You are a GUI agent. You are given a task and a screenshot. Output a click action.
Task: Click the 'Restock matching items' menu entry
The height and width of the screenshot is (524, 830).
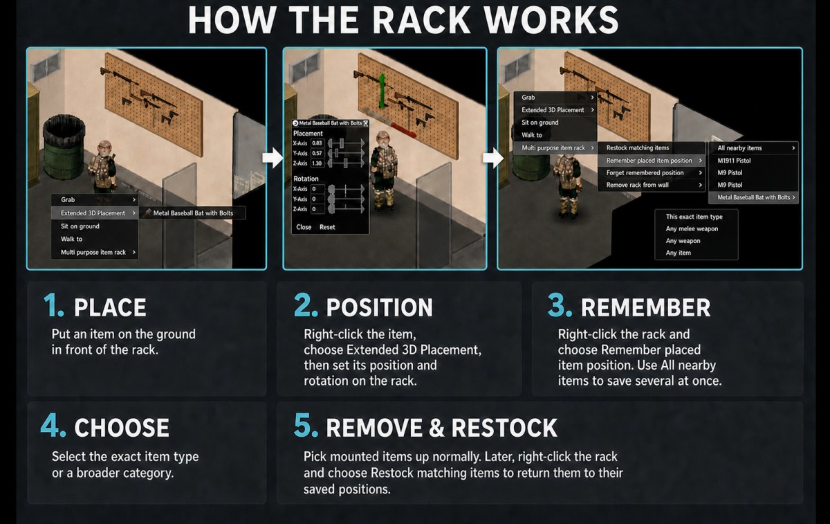pos(637,148)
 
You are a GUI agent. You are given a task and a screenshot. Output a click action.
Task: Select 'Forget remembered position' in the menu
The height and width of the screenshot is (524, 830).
pos(645,173)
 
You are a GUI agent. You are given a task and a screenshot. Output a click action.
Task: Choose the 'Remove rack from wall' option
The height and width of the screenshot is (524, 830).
pos(637,185)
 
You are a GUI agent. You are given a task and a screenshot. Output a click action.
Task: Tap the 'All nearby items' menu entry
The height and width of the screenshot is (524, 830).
pos(739,148)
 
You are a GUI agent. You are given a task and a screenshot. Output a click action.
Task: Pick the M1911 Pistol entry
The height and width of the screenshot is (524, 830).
pos(734,161)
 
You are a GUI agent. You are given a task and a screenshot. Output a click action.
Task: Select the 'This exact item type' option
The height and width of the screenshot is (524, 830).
pos(694,217)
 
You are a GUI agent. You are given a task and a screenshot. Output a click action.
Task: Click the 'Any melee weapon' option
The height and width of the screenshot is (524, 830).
pos(692,229)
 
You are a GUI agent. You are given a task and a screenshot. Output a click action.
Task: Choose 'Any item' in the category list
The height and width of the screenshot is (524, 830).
pos(678,253)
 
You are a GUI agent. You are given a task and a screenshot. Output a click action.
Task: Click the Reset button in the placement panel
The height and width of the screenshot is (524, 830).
pos(327,227)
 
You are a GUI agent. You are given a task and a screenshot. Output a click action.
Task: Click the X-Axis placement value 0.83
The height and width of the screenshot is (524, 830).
pos(317,143)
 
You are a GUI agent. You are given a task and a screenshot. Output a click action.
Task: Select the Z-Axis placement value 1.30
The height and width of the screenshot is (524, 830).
pos(317,163)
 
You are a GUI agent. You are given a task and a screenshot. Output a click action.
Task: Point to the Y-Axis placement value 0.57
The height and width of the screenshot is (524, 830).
pos(317,153)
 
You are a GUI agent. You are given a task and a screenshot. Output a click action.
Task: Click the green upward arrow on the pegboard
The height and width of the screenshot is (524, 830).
pos(382,91)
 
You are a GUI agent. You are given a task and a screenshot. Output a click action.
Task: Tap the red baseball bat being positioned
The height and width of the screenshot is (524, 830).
pos(389,123)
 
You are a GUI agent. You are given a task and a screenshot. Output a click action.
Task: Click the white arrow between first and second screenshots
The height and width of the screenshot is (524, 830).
pos(273,158)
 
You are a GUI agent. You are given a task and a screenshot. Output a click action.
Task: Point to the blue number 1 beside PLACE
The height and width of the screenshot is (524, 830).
pos(54,305)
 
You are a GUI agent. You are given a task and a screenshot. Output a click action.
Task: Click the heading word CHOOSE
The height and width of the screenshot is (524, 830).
pos(122,428)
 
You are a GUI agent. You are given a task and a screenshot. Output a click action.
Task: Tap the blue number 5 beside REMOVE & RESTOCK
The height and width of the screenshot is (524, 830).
pos(306,425)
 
